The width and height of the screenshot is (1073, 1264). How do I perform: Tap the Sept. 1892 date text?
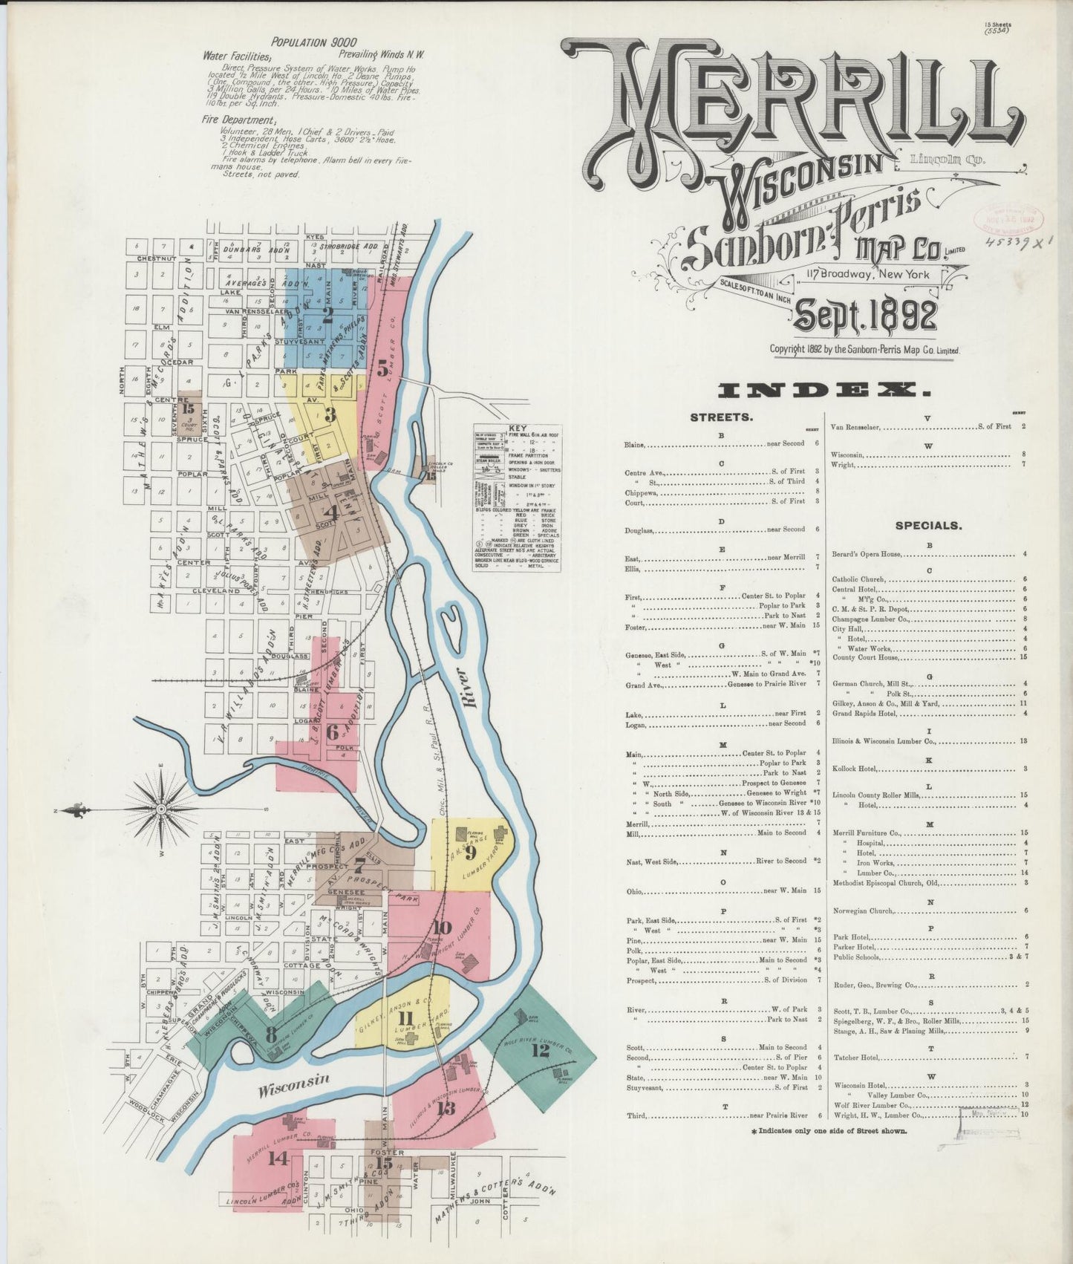[x=865, y=316]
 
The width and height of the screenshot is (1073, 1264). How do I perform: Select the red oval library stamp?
[x=1009, y=220]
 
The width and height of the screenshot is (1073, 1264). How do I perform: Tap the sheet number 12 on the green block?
[x=540, y=1050]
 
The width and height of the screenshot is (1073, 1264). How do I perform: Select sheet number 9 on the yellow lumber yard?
[x=469, y=852]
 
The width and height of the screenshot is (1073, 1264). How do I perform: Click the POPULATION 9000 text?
[x=313, y=42]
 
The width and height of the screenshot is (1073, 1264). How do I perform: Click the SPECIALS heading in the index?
[x=928, y=525]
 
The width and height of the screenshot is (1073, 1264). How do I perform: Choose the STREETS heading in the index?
[x=721, y=417]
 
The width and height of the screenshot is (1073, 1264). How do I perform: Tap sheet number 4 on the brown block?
[x=330, y=512]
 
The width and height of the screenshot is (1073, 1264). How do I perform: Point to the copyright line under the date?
[x=864, y=349]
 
